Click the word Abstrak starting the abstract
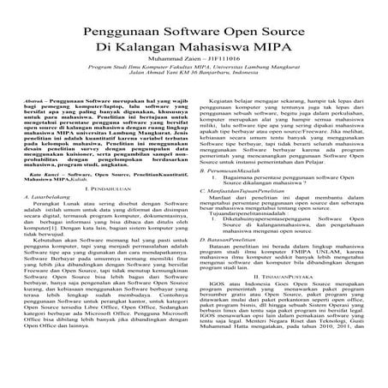coord(36,100)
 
